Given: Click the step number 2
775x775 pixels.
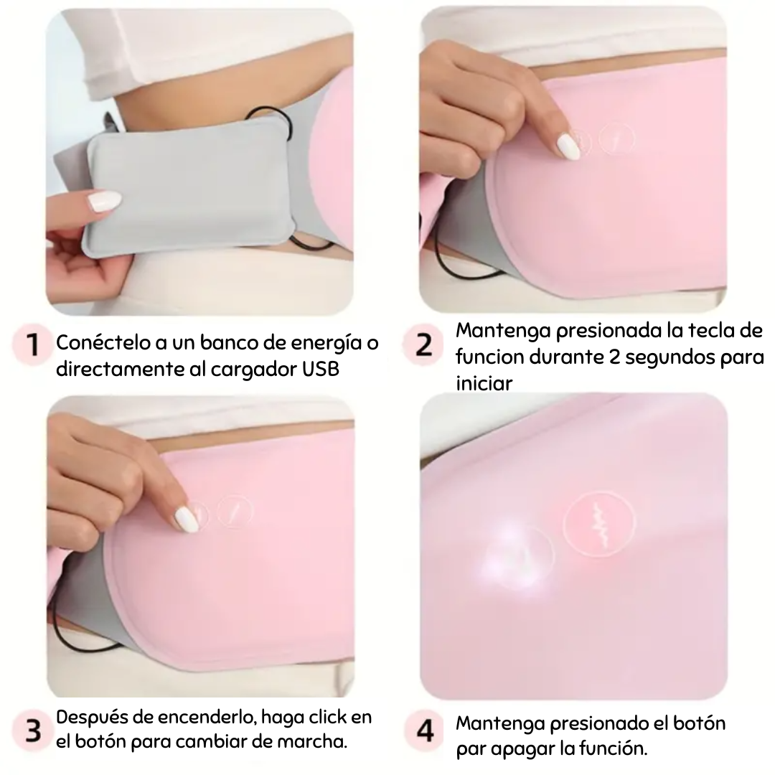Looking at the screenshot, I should click(x=425, y=345).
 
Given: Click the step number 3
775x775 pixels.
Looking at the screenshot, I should click(x=33, y=731).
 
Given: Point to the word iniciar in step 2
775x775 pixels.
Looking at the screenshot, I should click(x=485, y=382).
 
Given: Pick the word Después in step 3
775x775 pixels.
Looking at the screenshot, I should click(x=90, y=717).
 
